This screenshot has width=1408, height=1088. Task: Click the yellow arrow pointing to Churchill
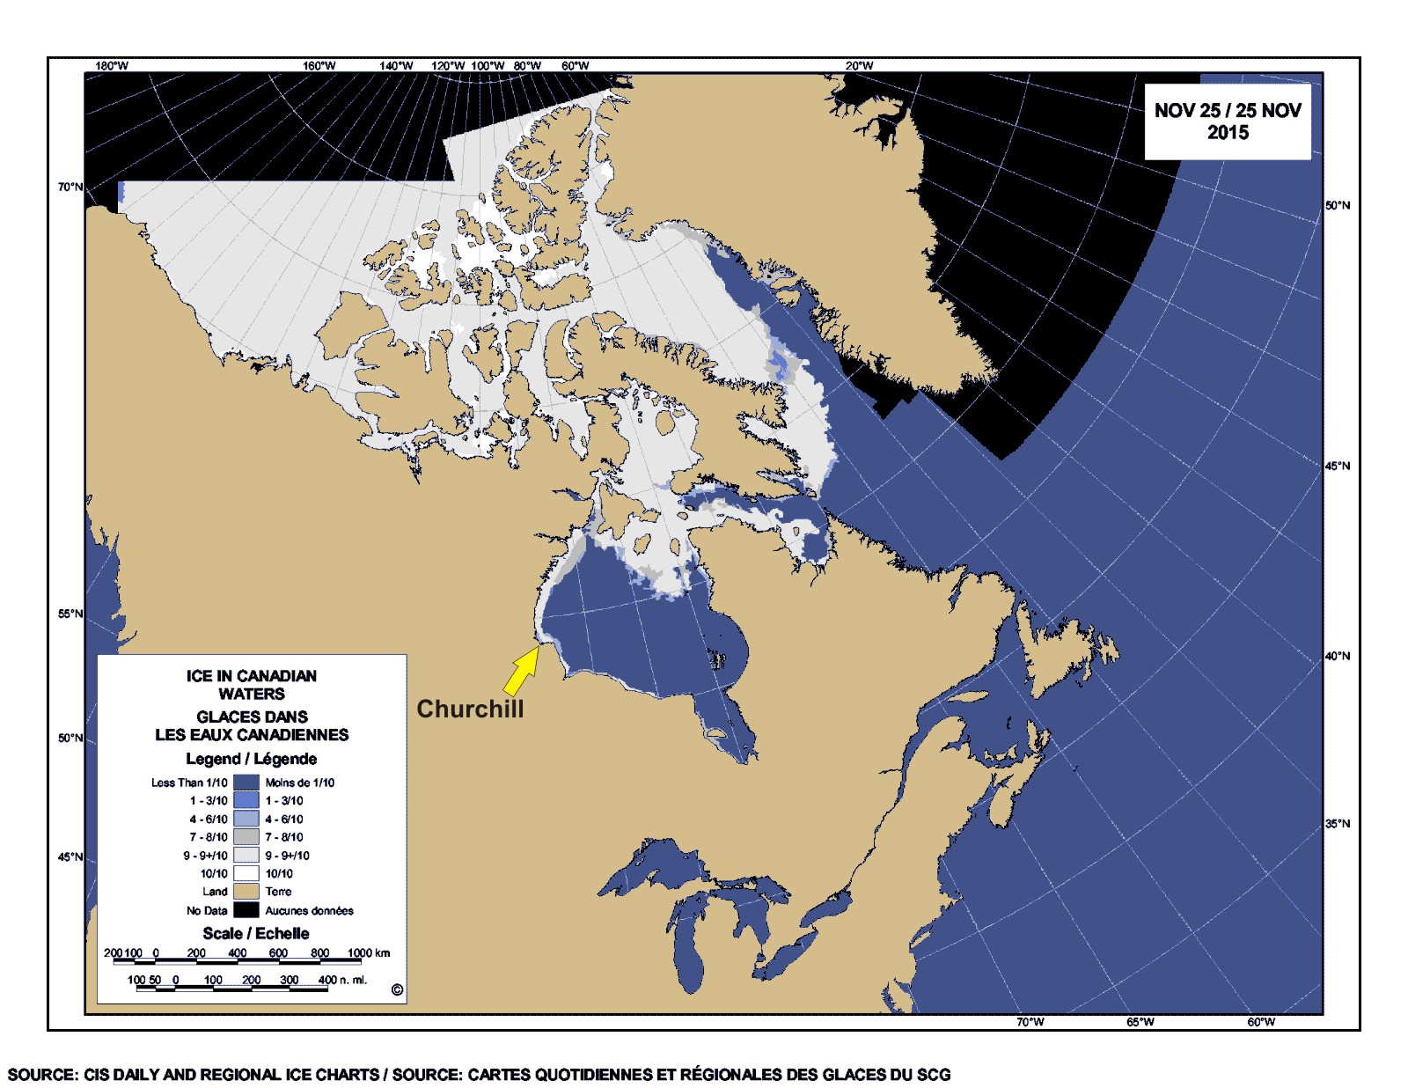click(x=521, y=671)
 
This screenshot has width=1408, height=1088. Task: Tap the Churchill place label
click(x=470, y=709)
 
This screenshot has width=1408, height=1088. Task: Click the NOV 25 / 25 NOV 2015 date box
click(x=1227, y=121)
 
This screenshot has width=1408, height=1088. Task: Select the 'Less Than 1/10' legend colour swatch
click(x=246, y=782)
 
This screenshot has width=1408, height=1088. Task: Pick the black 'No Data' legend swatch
click(x=246, y=910)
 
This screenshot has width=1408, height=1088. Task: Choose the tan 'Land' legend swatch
click(x=246, y=892)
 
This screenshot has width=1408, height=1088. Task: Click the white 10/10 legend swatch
click(x=246, y=873)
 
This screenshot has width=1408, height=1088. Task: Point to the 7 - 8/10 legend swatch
click(x=246, y=836)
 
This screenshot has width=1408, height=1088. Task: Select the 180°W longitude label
click(x=112, y=66)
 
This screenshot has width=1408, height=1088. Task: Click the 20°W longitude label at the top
click(x=860, y=66)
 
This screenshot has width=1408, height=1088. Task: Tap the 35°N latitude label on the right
click(x=1337, y=824)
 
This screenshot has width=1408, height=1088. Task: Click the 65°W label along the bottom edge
click(x=1140, y=1022)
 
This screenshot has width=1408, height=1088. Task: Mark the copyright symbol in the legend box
click(x=397, y=990)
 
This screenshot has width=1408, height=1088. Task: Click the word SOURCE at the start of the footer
click(x=41, y=1075)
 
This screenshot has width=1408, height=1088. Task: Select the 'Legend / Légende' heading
click(x=252, y=759)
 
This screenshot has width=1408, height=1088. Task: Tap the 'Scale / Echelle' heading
click(x=255, y=933)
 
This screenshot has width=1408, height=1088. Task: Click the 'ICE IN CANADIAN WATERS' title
click(x=252, y=685)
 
